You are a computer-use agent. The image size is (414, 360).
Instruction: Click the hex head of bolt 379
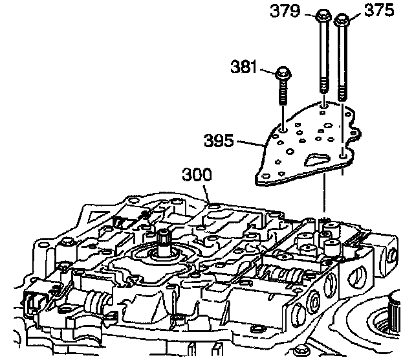[322, 16]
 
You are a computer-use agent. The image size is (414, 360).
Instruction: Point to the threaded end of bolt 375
[342, 91]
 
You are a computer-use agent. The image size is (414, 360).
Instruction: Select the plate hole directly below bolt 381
[283, 129]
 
